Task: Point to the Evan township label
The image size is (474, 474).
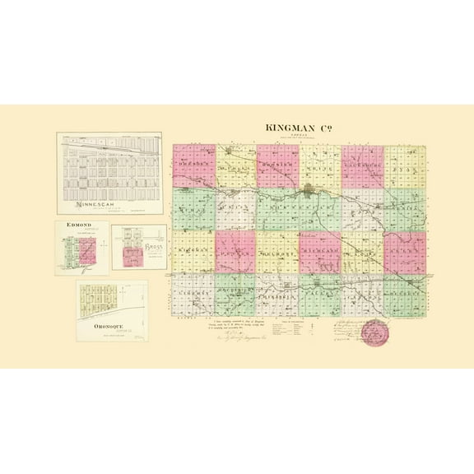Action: click(403, 165)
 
